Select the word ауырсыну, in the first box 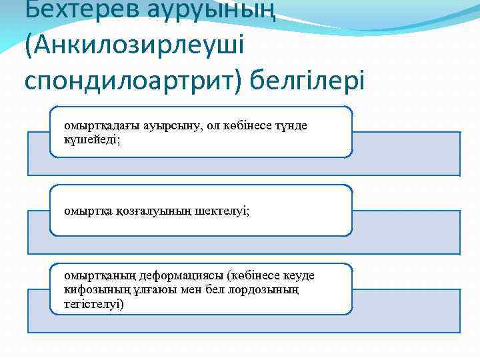click(165, 126)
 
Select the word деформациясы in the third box click(171, 275)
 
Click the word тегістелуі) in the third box click(94, 304)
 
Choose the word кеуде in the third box click(299, 275)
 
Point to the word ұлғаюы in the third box click(145, 290)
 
